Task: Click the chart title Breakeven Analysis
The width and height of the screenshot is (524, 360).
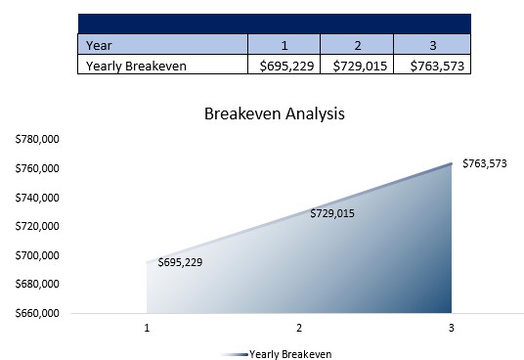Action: point(274,113)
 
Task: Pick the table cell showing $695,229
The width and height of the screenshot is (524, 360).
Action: point(284,66)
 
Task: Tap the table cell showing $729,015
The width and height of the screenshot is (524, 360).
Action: point(357,66)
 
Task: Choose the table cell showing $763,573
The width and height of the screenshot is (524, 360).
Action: point(432,66)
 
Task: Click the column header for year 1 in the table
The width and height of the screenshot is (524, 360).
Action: point(284,44)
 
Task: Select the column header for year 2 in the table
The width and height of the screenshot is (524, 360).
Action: point(357,44)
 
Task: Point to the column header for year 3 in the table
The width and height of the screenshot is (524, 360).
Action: point(432,44)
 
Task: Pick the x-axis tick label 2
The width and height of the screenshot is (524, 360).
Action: point(299,328)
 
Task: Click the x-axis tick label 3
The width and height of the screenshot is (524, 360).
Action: point(451,328)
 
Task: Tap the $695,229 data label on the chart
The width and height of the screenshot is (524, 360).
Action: point(180,262)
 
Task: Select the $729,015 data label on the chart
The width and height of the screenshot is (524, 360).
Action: point(331,213)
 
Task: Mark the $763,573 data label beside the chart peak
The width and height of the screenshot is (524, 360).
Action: point(484,163)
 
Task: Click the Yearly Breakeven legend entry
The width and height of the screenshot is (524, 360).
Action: point(290,353)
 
